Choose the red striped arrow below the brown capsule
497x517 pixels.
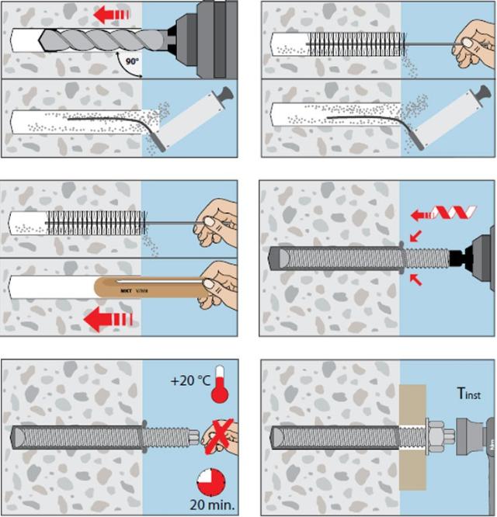point(109,318)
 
